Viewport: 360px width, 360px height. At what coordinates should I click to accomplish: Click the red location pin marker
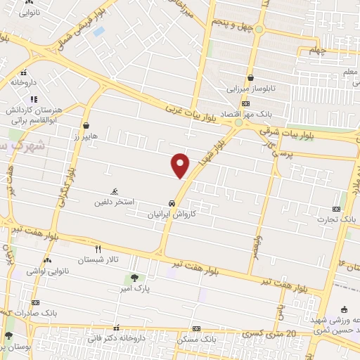(x=181, y=165)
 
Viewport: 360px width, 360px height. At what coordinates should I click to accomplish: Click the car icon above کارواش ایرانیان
(x=172, y=203)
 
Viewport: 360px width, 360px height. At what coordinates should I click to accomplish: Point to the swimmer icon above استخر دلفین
(x=115, y=191)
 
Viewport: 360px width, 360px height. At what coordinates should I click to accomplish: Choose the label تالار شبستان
(x=99, y=259)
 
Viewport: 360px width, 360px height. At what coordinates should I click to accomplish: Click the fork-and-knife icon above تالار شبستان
(x=98, y=249)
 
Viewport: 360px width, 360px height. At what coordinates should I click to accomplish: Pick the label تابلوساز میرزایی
(x=251, y=89)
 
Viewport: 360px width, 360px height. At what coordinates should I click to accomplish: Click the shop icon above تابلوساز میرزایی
(x=251, y=79)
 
